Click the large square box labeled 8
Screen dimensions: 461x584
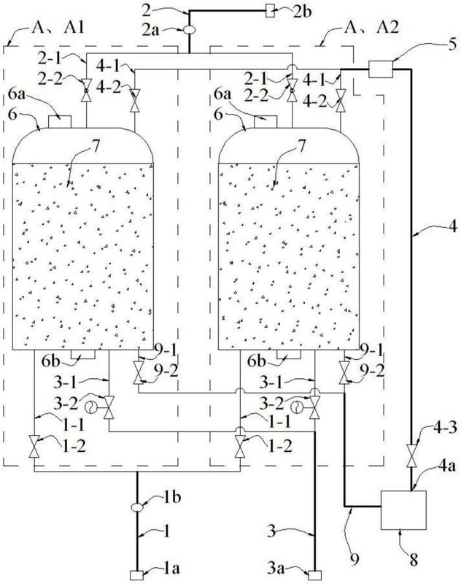403,510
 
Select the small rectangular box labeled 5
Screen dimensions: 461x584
381,69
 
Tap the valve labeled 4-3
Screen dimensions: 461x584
411,455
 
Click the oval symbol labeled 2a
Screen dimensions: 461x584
190,30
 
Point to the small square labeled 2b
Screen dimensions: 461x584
270,12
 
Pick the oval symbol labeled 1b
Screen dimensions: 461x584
137,507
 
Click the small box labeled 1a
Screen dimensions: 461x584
136,575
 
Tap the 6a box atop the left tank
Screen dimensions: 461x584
60,122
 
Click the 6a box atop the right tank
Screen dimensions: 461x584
266,122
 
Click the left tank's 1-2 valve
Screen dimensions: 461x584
34,446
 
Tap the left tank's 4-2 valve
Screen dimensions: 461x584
135,100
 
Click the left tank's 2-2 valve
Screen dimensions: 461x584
86,91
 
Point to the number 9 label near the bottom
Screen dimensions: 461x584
355,559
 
